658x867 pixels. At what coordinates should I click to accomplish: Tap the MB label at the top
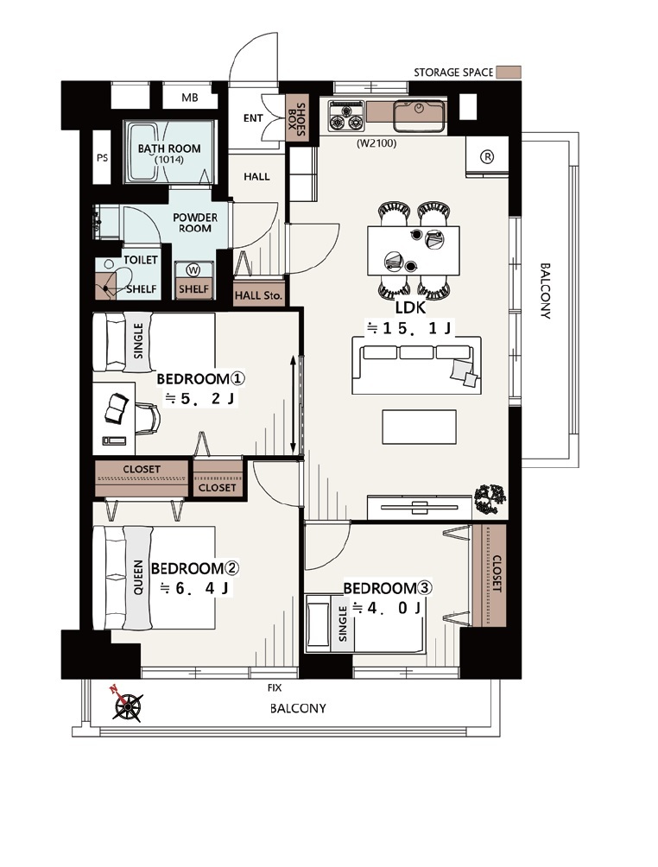[190, 98]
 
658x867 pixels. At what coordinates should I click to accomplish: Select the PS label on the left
[102, 158]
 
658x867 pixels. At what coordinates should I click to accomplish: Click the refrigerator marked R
[487, 157]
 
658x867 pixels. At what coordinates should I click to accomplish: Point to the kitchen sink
[419, 116]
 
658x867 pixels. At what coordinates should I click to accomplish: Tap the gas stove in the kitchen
[346, 116]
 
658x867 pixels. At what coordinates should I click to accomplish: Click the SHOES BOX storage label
[296, 120]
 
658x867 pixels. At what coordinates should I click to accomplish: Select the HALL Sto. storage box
[258, 295]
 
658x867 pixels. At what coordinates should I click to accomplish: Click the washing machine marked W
[193, 269]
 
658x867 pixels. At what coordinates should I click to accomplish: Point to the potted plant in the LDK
[490, 497]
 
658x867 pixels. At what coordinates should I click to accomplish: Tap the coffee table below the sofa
[419, 427]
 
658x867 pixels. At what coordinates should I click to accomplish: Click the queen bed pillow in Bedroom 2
[137, 578]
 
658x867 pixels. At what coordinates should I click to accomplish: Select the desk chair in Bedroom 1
[147, 417]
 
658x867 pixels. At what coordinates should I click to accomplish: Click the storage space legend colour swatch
[508, 73]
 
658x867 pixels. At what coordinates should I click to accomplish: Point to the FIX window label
[275, 688]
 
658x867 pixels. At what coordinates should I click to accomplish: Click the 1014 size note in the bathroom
[168, 160]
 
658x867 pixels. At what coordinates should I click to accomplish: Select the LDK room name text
[410, 308]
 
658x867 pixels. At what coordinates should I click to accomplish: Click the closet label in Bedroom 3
[496, 574]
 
